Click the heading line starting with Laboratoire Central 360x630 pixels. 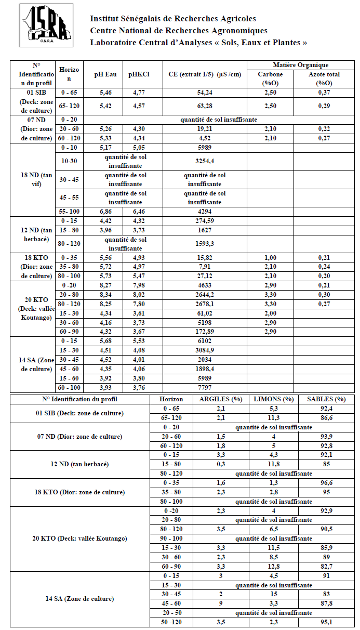coord(198,43)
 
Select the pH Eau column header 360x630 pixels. coord(105,74)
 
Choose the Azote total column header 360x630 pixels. coord(324,78)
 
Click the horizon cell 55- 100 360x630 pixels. coord(69,212)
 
